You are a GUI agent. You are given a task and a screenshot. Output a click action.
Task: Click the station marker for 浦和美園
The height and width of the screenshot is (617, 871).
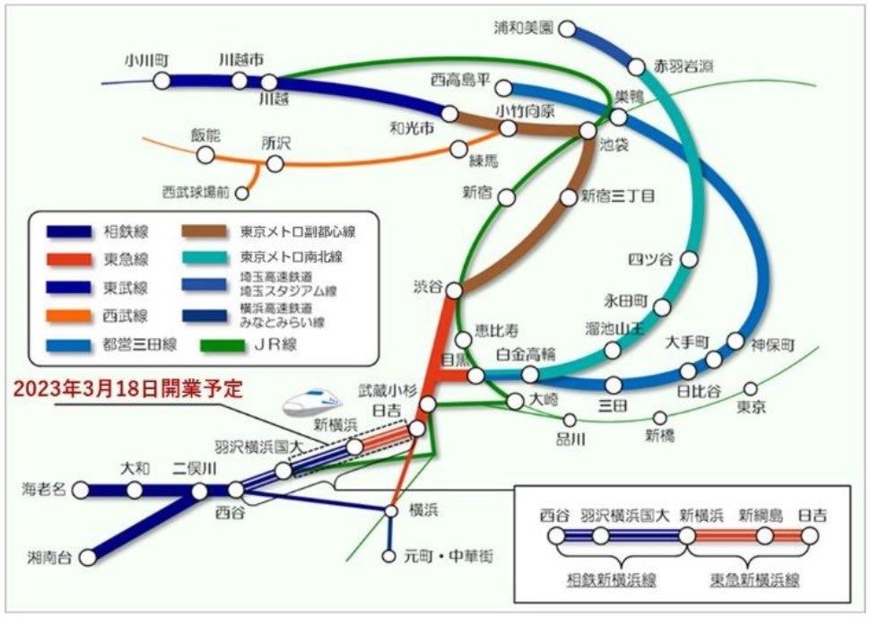pyautogui.click(x=567, y=29)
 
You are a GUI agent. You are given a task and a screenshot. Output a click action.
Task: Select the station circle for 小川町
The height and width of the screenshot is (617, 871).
pyautogui.click(x=161, y=82)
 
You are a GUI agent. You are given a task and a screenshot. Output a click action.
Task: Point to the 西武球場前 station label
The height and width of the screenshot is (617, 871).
pyautogui.click(x=196, y=192)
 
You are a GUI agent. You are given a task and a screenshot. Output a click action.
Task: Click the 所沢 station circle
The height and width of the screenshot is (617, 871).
pyautogui.click(x=275, y=163)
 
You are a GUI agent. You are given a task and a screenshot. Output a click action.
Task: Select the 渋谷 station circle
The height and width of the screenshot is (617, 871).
pyautogui.click(x=455, y=290)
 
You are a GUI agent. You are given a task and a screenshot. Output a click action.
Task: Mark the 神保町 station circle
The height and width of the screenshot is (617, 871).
pyautogui.click(x=736, y=341)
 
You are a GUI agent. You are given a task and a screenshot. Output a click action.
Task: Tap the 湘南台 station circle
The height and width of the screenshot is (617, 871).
pyautogui.click(x=88, y=557)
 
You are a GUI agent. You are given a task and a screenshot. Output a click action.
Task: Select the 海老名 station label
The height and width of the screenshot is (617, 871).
pyautogui.click(x=44, y=490)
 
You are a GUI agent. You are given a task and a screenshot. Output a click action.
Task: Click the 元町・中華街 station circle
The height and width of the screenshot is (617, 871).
pyautogui.click(x=388, y=556)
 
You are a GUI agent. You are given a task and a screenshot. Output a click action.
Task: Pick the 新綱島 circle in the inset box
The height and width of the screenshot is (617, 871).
pyautogui.click(x=764, y=537)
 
